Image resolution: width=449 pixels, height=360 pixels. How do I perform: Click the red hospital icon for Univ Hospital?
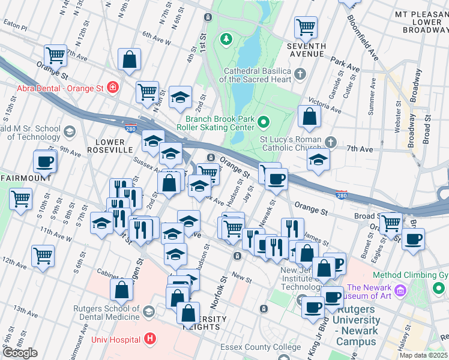click(150, 340)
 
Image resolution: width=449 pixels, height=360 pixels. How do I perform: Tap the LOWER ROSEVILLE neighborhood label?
click(114, 145)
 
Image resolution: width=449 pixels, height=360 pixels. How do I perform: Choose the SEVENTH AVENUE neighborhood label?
click(306, 50)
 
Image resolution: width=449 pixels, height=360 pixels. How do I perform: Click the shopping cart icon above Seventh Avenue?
click(306, 26)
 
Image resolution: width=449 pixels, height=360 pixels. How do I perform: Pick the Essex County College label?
click(261, 347)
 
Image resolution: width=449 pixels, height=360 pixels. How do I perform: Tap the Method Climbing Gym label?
click(411, 275)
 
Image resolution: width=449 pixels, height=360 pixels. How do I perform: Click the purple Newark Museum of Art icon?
click(401, 291)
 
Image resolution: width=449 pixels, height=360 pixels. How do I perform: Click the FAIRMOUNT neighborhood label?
click(24, 178)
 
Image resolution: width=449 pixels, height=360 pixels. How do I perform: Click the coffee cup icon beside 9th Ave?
click(44, 161)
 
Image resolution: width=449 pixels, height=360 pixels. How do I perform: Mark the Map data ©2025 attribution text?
click(423, 355)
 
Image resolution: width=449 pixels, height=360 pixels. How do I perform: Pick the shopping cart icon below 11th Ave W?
click(43, 256)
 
